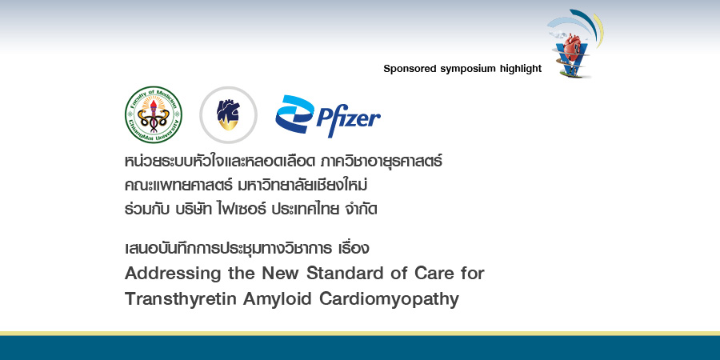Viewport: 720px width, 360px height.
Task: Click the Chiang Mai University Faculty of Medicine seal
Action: (x=153, y=114)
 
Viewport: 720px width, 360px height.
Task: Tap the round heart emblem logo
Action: (x=228, y=114)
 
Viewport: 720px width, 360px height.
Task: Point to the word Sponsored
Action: (x=410, y=69)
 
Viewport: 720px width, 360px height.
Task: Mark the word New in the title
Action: (x=254, y=273)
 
